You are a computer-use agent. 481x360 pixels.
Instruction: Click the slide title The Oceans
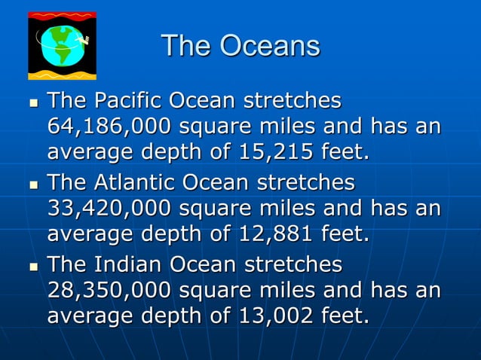click(240, 46)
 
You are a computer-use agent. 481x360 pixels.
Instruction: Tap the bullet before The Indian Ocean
click(32, 267)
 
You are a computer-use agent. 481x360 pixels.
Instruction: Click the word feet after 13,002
click(345, 317)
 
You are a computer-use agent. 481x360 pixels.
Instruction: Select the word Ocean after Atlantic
click(222, 183)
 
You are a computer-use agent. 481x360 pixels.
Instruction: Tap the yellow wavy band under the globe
click(62, 74)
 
